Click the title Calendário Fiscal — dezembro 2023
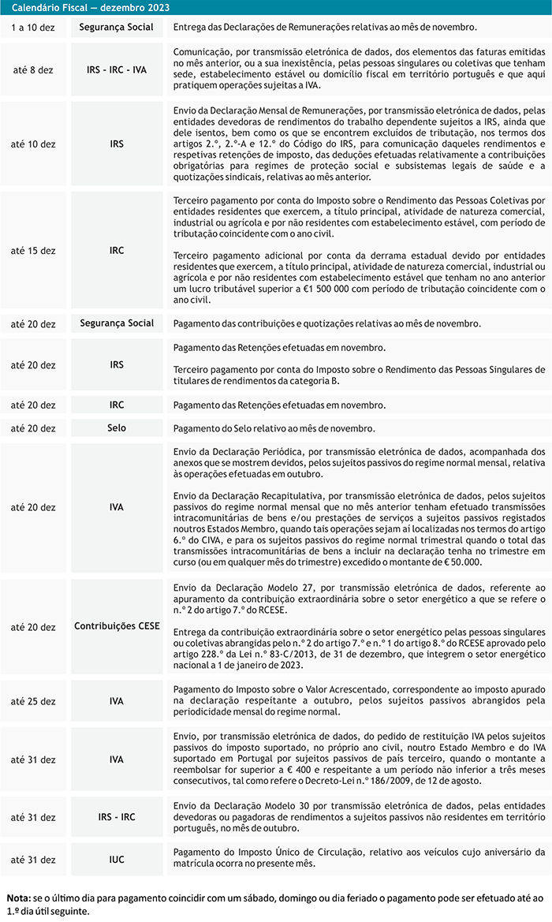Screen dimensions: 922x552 [91, 8]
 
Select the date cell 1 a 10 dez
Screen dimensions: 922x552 [33, 27]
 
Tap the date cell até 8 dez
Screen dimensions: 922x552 [33, 70]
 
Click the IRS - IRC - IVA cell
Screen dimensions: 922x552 [117, 70]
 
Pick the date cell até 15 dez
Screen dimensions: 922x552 [33, 251]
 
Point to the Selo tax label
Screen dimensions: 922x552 [117, 427]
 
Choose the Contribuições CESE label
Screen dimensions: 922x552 [117, 627]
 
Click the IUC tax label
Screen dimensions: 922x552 [117, 859]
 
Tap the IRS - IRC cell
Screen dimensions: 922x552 [117, 816]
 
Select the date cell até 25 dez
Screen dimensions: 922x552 [33, 700]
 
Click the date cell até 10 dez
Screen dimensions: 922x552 [33, 145]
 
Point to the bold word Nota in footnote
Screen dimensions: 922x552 [17, 898]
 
